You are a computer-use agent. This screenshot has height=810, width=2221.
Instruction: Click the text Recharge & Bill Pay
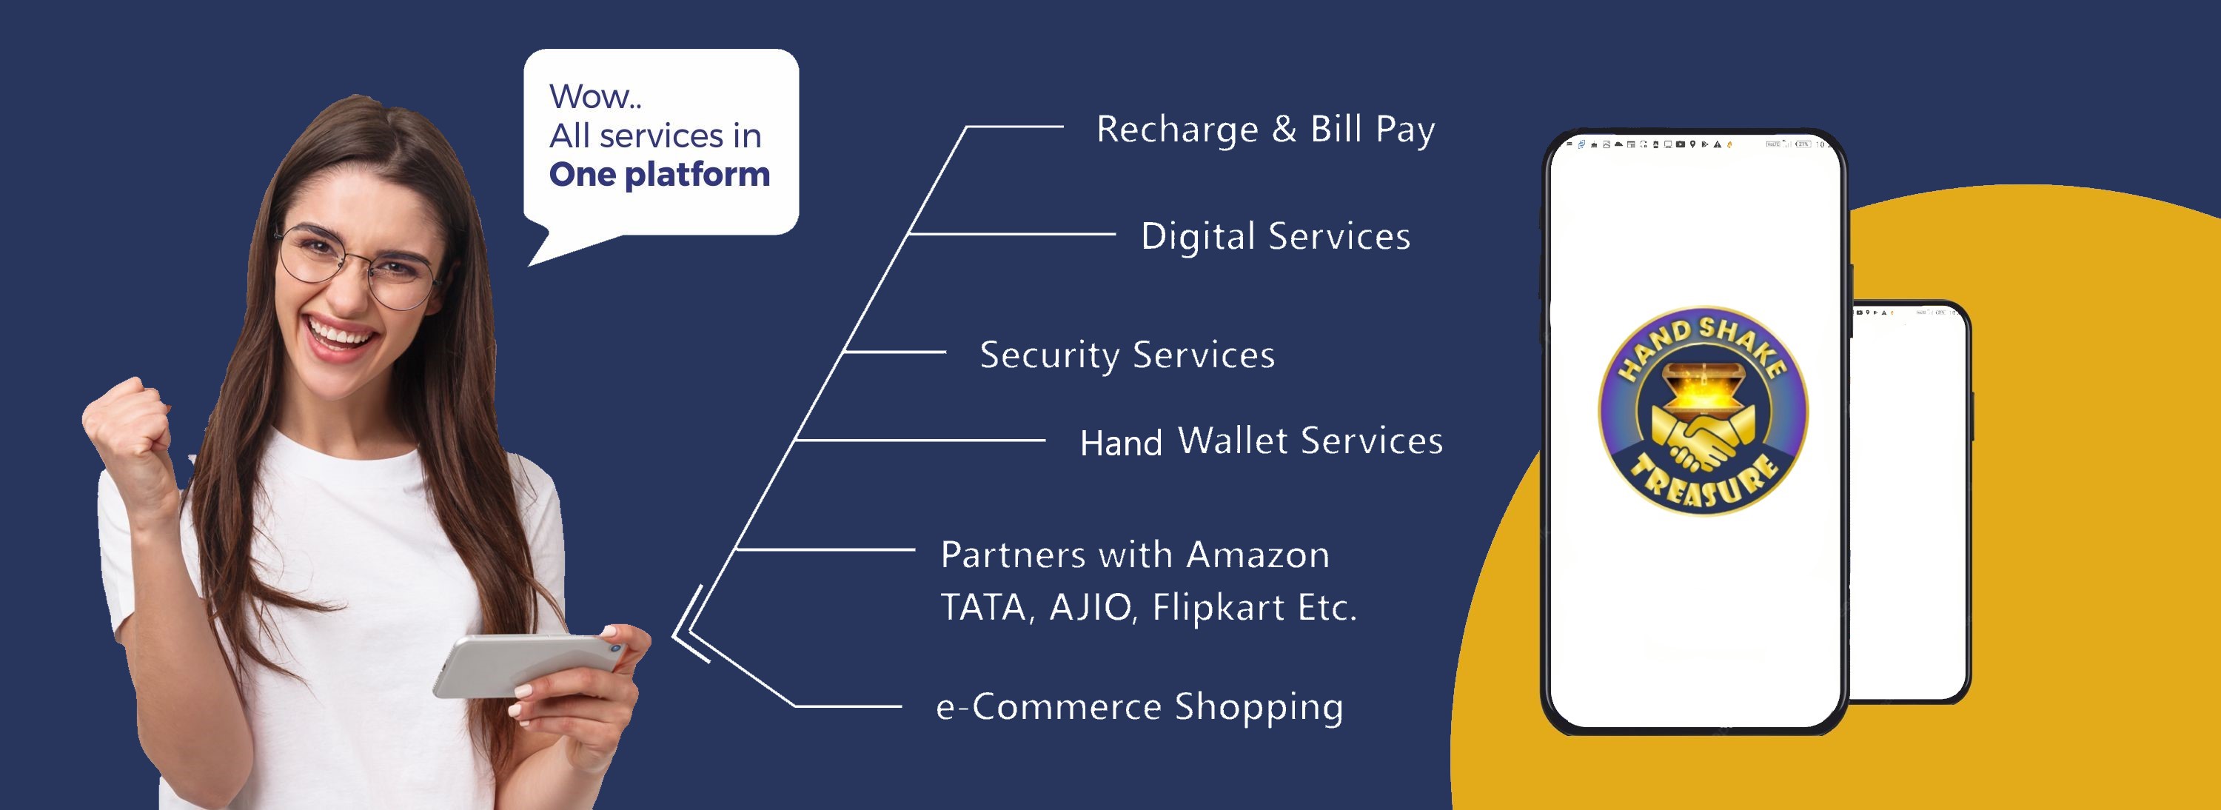coord(1264,130)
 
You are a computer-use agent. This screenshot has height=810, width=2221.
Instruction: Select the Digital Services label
coord(1275,236)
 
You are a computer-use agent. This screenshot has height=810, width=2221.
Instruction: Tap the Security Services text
coord(1127,355)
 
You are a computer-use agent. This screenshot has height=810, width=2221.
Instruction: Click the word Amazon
coord(1258,555)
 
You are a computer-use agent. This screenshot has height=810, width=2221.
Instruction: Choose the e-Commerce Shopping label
coord(1139,706)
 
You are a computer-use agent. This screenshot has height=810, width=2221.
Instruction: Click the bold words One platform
coord(660,174)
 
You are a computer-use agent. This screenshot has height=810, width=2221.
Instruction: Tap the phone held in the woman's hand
coord(526,664)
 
